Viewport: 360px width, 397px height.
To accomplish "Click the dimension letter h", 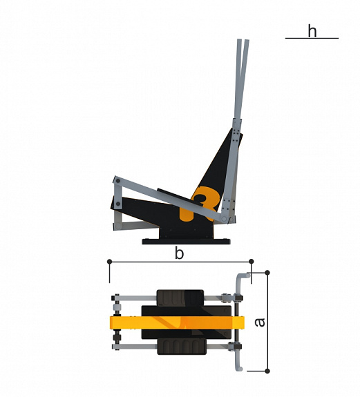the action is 312,31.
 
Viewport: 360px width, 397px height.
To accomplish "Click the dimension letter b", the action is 179,253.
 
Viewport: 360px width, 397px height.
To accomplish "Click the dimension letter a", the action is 259,322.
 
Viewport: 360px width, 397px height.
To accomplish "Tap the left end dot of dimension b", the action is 109,261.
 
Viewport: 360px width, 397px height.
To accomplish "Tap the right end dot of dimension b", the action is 252,261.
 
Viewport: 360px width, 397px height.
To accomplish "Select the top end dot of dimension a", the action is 267,273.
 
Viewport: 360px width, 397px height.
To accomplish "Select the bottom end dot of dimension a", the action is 267,371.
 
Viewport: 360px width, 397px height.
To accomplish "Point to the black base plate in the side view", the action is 186,241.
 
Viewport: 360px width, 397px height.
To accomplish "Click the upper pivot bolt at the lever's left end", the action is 118,181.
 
